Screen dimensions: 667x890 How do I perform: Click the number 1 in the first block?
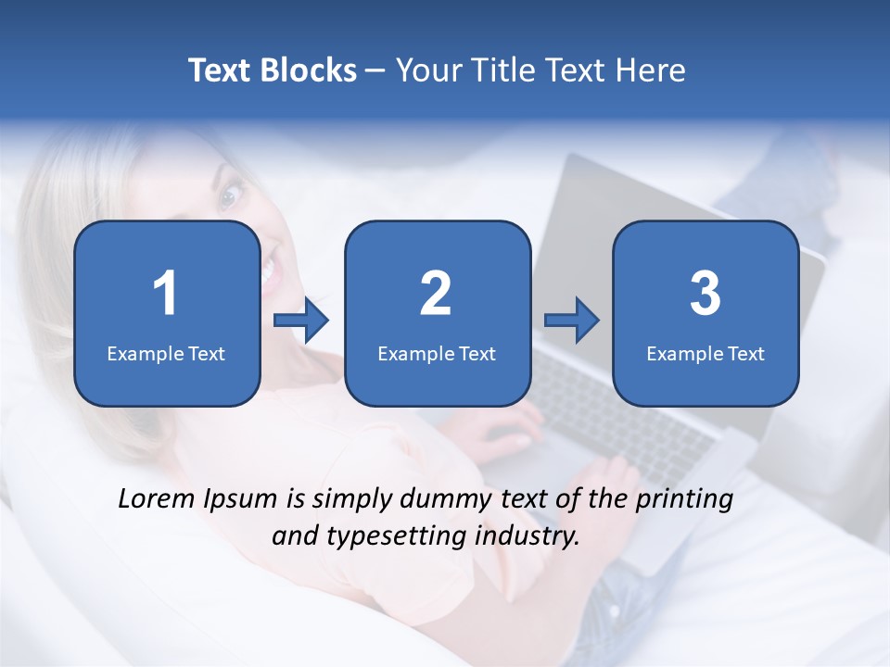click(166, 294)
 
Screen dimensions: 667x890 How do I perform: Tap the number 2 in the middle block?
click(436, 294)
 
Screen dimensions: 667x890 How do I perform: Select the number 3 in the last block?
click(706, 294)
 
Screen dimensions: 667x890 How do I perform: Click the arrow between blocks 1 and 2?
click(302, 321)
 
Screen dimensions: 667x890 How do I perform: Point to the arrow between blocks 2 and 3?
click(572, 321)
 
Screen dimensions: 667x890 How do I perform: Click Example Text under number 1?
click(166, 354)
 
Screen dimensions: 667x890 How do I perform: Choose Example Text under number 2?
click(437, 354)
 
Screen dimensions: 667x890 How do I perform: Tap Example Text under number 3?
click(706, 354)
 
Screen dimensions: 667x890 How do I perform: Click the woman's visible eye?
click(231, 195)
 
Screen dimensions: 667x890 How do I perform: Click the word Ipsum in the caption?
click(244, 499)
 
